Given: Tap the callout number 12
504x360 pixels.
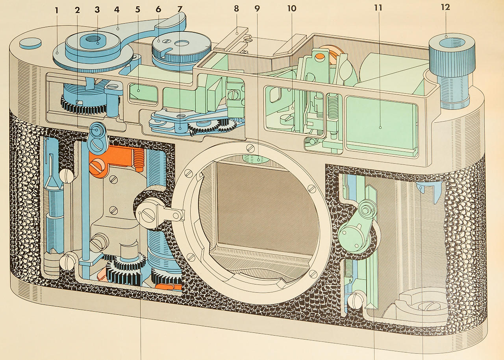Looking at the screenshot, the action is pos(445,7).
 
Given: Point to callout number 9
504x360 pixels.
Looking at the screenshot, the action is pos(257,9).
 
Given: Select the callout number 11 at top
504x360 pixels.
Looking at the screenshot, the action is pos(378,8).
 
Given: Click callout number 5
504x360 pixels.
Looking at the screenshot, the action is pos(138,9).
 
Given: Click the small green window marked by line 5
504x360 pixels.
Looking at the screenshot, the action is pos(143,92).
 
